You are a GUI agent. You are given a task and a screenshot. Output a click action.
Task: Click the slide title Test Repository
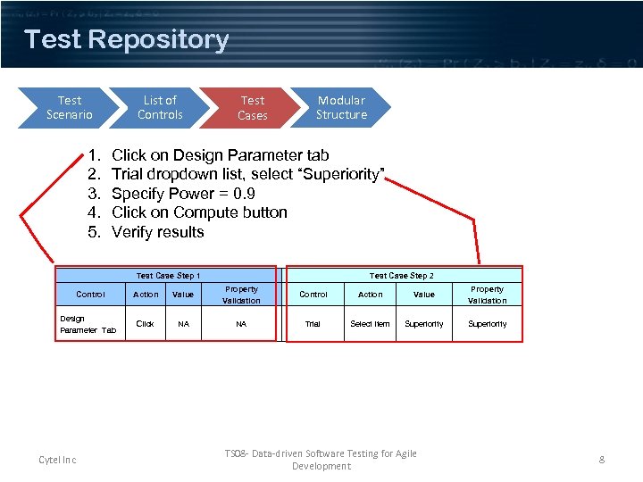(127, 40)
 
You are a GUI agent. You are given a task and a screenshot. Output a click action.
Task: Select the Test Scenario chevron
(69, 108)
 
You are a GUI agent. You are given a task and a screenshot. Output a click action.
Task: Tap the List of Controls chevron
(160, 108)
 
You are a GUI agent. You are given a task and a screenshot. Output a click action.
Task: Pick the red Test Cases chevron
(252, 108)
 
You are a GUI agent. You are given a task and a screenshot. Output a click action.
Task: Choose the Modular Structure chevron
(341, 108)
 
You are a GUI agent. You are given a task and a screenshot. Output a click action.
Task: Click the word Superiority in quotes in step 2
(343, 174)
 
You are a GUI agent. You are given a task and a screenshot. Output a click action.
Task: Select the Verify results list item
(157, 232)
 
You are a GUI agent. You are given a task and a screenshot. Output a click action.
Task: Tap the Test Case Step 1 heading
(168, 276)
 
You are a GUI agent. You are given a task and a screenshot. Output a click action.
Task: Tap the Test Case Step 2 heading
(401, 276)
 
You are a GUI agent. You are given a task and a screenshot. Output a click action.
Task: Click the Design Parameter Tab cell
(88, 324)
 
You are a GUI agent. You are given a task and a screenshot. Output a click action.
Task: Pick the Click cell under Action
(145, 324)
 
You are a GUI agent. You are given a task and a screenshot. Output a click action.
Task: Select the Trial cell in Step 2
(313, 324)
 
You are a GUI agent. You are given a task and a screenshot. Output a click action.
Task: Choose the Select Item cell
(370, 324)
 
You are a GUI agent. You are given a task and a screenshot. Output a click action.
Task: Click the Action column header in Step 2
(370, 295)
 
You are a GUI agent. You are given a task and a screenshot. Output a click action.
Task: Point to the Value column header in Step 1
(183, 295)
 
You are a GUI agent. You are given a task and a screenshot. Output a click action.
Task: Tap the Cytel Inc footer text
(57, 460)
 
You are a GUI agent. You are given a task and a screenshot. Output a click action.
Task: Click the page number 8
(602, 460)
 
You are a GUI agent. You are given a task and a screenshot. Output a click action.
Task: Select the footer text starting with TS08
(321, 460)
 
